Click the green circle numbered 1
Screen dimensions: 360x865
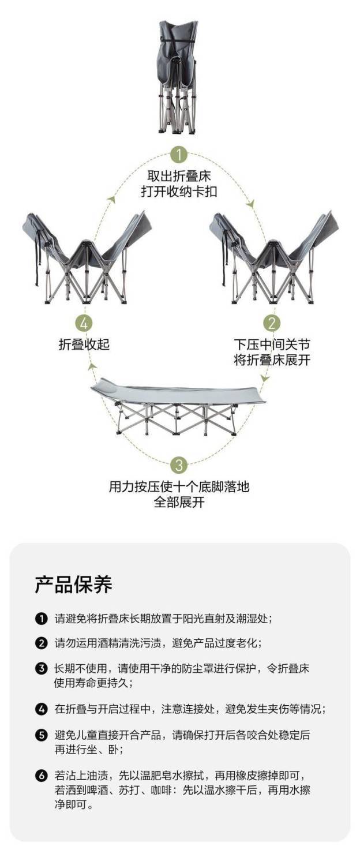[x=179, y=154]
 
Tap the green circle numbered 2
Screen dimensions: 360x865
[x=272, y=323]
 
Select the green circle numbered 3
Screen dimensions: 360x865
[x=179, y=465]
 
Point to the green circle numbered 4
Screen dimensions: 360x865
[x=84, y=323]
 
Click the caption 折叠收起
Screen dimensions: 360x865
[x=84, y=344]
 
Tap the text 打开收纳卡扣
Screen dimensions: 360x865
[x=179, y=192]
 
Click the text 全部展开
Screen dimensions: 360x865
[x=179, y=501]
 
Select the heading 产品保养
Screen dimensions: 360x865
[x=73, y=585]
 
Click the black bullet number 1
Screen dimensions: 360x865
[x=41, y=619]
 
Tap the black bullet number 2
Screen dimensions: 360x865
[x=41, y=643]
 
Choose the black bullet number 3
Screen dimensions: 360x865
[x=41, y=669]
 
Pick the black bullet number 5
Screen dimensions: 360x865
[x=41, y=735]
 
